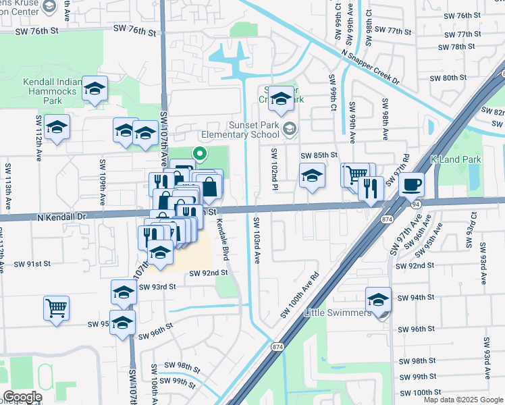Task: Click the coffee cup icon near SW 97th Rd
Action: click(x=411, y=184)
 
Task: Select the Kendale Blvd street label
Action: click(x=222, y=241)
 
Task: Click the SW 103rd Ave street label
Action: click(x=257, y=240)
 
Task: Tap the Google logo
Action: click(x=22, y=397)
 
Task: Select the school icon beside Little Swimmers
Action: click(x=378, y=300)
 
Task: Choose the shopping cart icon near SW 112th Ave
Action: click(x=57, y=308)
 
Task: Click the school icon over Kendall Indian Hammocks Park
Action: click(x=95, y=88)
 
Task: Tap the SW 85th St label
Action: click(x=319, y=155)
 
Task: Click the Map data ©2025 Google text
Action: click(x=463, y=400)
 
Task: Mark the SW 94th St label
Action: click(x=415, y=298)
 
